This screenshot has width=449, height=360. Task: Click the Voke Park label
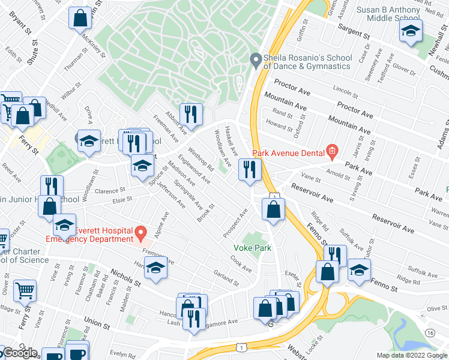(253, 248)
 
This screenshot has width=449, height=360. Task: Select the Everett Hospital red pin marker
(140, 232)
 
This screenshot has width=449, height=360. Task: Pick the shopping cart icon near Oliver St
(25, 290)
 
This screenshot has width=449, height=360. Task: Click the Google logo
(20, 353)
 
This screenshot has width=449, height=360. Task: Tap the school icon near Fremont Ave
(155, 269)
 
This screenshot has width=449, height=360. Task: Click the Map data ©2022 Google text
(412, 355)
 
